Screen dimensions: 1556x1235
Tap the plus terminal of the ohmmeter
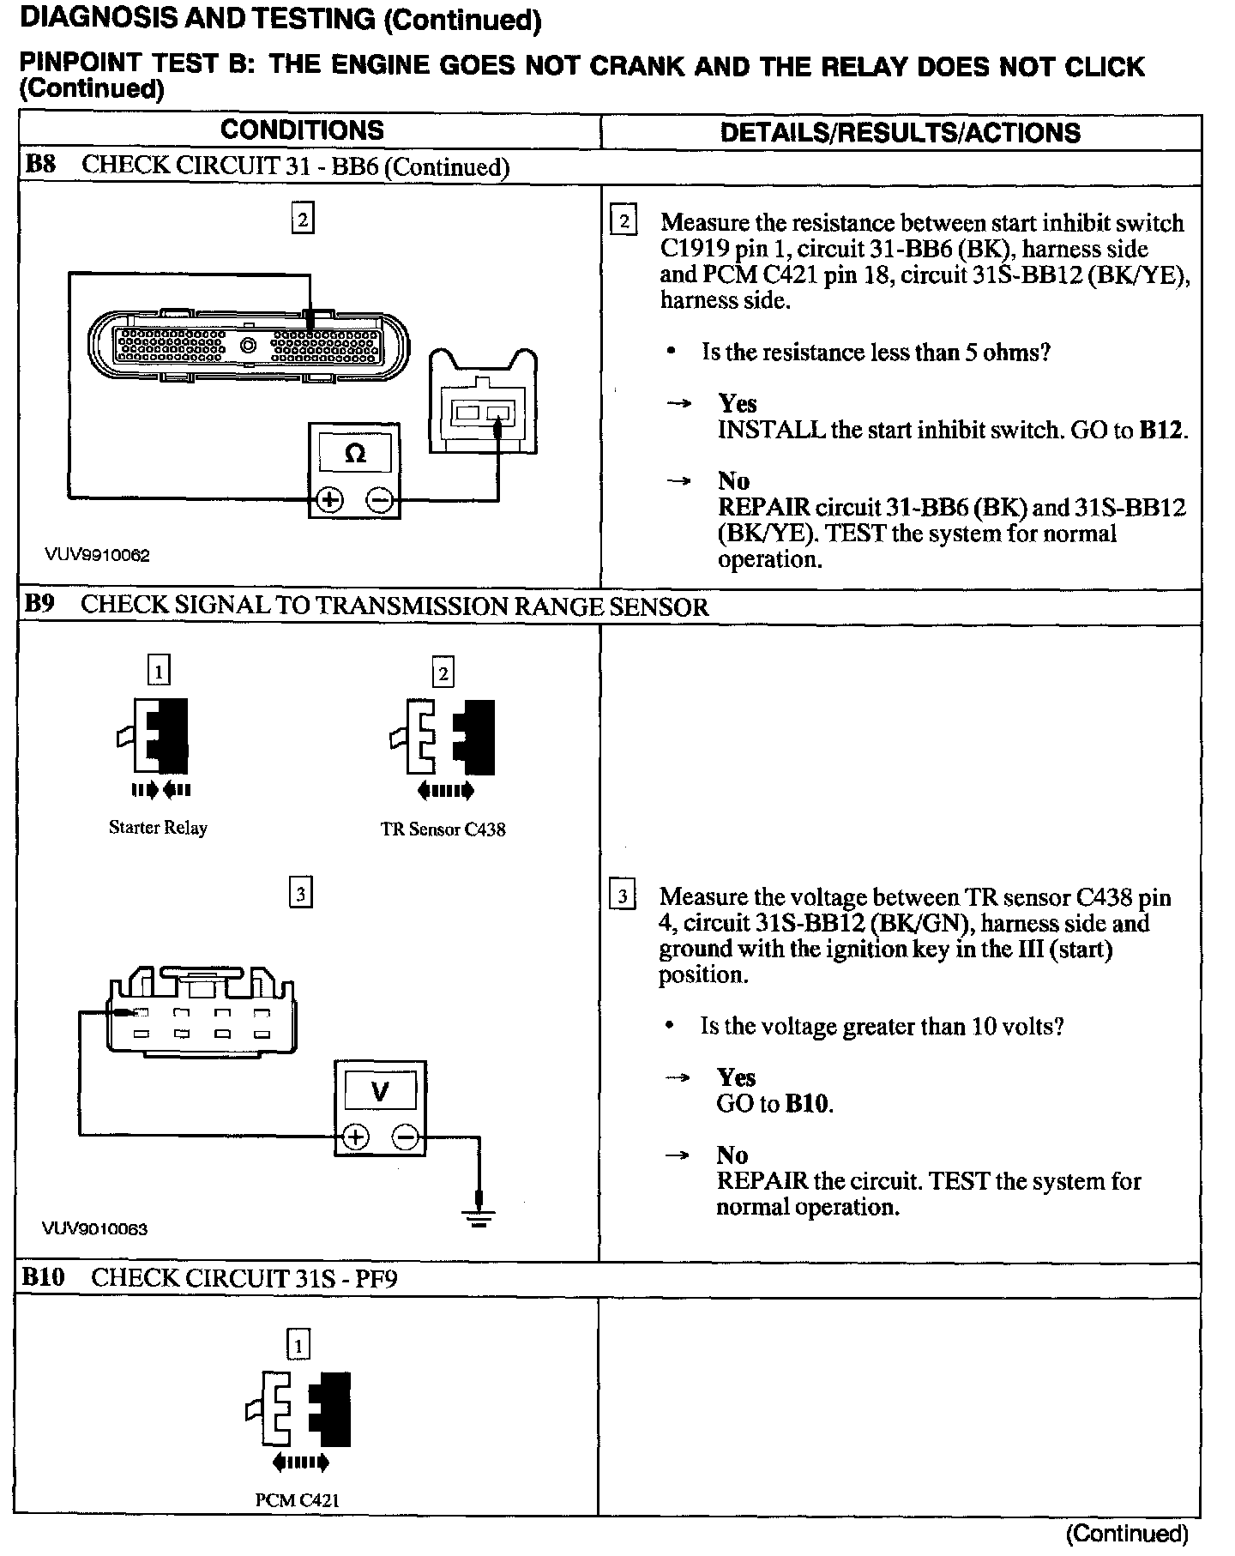coord(330,500)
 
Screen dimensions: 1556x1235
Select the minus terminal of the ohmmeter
coord(381,500)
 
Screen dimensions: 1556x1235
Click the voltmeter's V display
coord(379,1091)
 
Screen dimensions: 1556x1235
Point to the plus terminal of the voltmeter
coord(355,1137)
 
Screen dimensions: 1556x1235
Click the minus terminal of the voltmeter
coord(406,1137)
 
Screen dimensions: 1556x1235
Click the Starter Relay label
coord(158,828)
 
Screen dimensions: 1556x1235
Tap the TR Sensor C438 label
coord(443,829)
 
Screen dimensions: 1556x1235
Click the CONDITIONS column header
coord(302,130)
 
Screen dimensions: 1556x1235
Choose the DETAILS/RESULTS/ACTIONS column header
coord(900,132)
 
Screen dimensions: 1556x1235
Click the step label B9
coord(39,604)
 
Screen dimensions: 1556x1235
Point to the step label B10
coord(43,1277)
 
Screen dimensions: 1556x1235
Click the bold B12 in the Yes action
coord(1162,430)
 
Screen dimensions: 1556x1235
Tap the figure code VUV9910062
coord(97,555)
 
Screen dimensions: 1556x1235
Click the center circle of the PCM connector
coord(248,346)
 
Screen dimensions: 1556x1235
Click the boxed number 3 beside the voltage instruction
coord(622,897)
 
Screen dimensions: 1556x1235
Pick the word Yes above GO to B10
coord(737,1078)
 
